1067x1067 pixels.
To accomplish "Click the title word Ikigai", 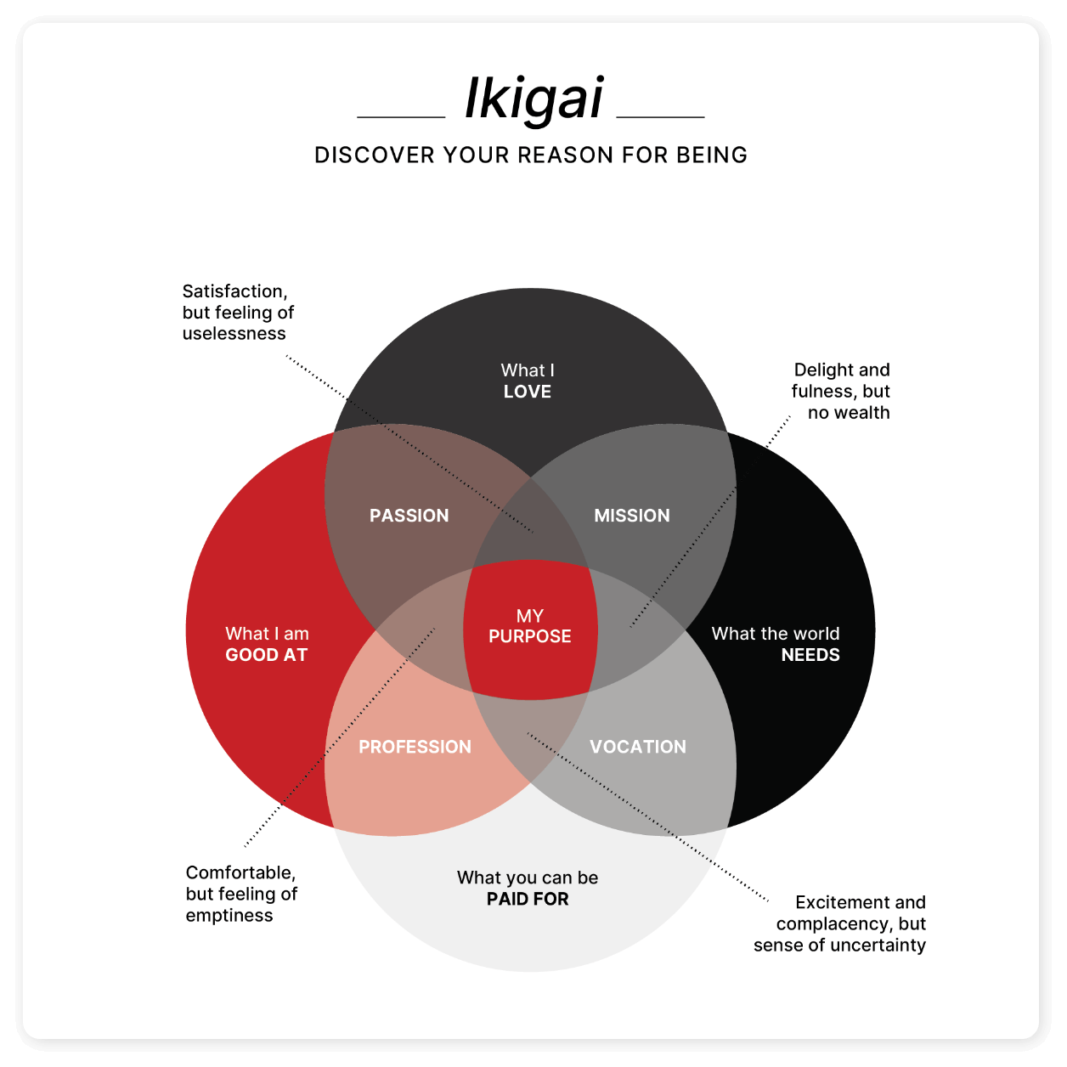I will pyautogui.click(x=533, y=99).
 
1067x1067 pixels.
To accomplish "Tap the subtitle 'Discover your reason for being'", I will pyautogui.click(x=531, y=155).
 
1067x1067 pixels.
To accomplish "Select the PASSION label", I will pyautogui.click(x=409, y=516).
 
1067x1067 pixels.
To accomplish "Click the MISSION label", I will pyautogui.click(x=632, y=516).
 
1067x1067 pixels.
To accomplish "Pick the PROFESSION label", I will pyautogui.click(x=415, y=747).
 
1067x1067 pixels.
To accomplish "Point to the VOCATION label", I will pyautogui.click(x=638, y=747).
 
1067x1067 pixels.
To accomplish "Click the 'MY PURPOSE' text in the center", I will pyautogui.click(x=530, y=627).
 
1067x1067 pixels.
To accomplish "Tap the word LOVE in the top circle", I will pyautogui.click(x=528, y=392).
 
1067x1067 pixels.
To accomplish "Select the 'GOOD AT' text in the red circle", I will pyautogui.click(x=266, y=655).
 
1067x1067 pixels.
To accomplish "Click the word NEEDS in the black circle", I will pyautogui.click(x=810, y=655).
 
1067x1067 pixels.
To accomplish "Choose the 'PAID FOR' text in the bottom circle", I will pyautogui.click(x=528, y=899).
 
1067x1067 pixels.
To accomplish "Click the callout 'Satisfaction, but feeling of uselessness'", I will pyautogui.click(x=238, y=313).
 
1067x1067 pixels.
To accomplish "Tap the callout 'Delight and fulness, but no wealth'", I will pyautogui.click(x=841, y=391).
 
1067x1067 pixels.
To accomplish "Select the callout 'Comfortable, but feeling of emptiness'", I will pyautogui.click(x=241, y=894).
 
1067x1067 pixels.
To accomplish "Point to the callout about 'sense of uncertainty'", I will pyautogui.click(x=840, y=923).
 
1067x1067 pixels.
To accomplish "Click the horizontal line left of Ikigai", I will pyautogui.click(x=401, y=116).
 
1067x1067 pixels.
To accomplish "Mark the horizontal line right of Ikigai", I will pyautogui.click(x=660, y=116).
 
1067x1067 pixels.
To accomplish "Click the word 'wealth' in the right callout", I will pyautogui.click(x=861, y=413).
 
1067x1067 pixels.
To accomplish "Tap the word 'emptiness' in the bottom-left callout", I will pyautogui.click(x=229, y=916).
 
